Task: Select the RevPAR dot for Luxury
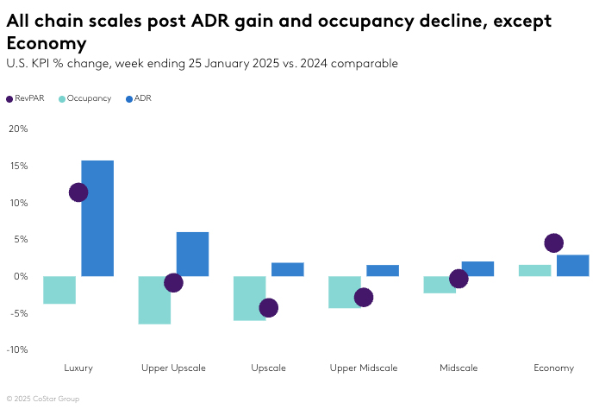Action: coord(78,192)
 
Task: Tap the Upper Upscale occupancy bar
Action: coord(154,300)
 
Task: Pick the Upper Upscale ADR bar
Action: coord(192,254)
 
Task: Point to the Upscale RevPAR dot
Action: coord(268,307)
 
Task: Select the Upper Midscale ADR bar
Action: coord(382,270)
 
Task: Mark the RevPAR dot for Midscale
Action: coord(459,279)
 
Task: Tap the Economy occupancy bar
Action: coord(534,270)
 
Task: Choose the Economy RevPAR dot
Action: coord(553,243)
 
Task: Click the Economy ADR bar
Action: coord(572,265)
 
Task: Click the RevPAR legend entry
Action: coord(23,98)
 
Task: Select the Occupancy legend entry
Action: coord(84,98)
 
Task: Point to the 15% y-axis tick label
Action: coord(18,166)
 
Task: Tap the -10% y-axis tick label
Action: coord(16,349)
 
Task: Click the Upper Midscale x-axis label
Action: coord(363,368)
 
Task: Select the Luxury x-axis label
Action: coord(78,368)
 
